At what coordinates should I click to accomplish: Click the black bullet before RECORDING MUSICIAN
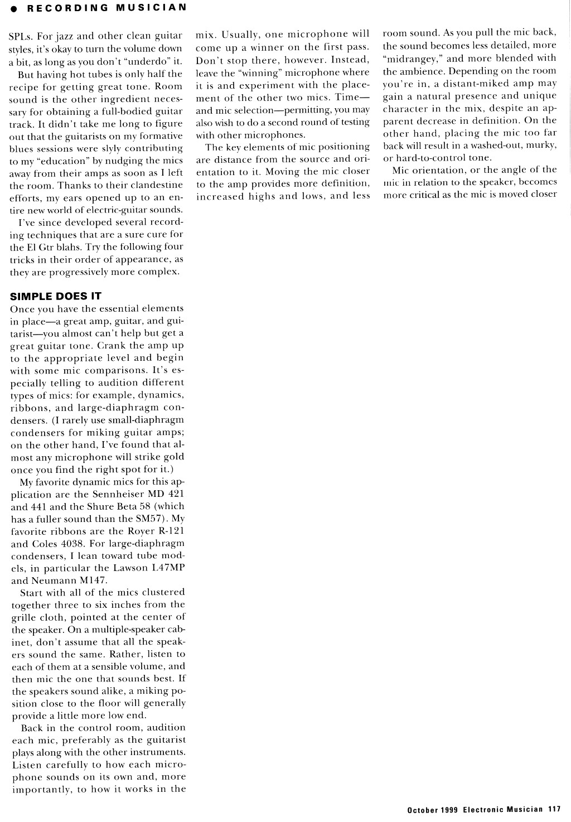point(4,8)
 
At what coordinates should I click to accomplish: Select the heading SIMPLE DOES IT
point(56,296)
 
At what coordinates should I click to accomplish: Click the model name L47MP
point(167,568)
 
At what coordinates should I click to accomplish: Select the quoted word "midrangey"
point(411,59)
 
